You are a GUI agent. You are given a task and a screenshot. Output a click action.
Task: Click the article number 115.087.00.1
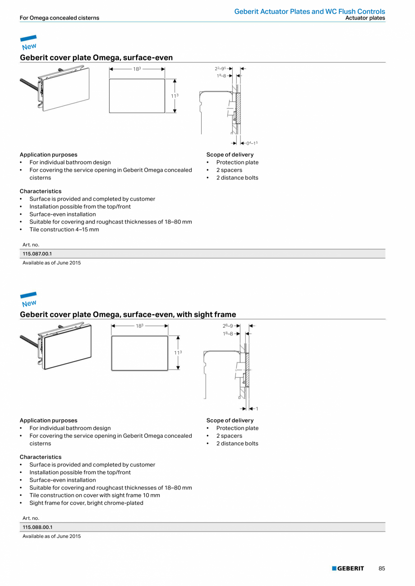point(37,254)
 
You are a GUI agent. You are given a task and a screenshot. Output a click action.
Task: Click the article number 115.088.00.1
point(37,527)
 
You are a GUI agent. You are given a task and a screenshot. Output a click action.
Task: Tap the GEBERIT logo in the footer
point(348,568)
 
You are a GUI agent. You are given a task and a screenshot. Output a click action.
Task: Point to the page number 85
point(382,568)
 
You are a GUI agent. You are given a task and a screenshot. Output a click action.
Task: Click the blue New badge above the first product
point(29,43)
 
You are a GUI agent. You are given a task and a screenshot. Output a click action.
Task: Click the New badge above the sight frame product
point(29,300)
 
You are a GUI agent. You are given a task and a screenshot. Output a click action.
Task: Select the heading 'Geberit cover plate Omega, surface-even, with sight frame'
point(128,314)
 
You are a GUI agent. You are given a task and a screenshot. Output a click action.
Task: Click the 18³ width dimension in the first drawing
point(137,69)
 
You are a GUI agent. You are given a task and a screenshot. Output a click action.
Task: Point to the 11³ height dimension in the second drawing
point(178,353)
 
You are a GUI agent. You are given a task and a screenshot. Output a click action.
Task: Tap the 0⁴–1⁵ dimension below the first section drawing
point(252,143)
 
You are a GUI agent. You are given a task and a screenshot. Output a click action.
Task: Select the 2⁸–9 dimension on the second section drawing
point(228,325)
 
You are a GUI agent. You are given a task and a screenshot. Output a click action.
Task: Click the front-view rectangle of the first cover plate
point(137,96)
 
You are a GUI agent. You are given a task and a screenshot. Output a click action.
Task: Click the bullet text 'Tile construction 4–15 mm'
point(64,229)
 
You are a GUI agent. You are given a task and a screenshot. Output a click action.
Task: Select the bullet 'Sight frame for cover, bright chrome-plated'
point(86,503)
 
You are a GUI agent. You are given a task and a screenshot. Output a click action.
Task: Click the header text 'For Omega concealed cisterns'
point(60,18)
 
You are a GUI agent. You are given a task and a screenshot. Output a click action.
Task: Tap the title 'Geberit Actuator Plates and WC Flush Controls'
point(309,11)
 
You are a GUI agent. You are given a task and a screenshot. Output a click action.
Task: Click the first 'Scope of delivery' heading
point(230,155)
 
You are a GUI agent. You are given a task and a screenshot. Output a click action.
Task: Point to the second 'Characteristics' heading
point(41,457)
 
